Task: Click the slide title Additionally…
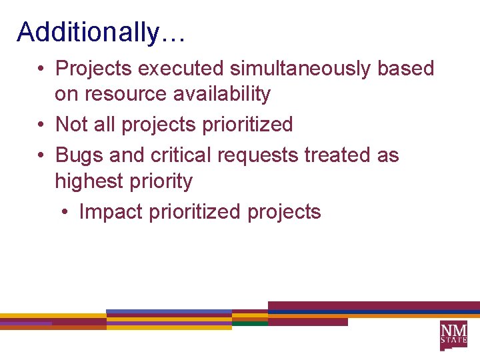[x=101, y=31]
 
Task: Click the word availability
[x=221, y=95]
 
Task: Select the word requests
[x=257, y=155]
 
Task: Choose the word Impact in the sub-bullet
[x=111, y=212]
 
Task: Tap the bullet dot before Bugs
[x=41, y=155]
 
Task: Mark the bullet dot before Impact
[x=65, y=213]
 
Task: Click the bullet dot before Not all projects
[x=41, y=125]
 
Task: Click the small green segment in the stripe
[x=249, y=323]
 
